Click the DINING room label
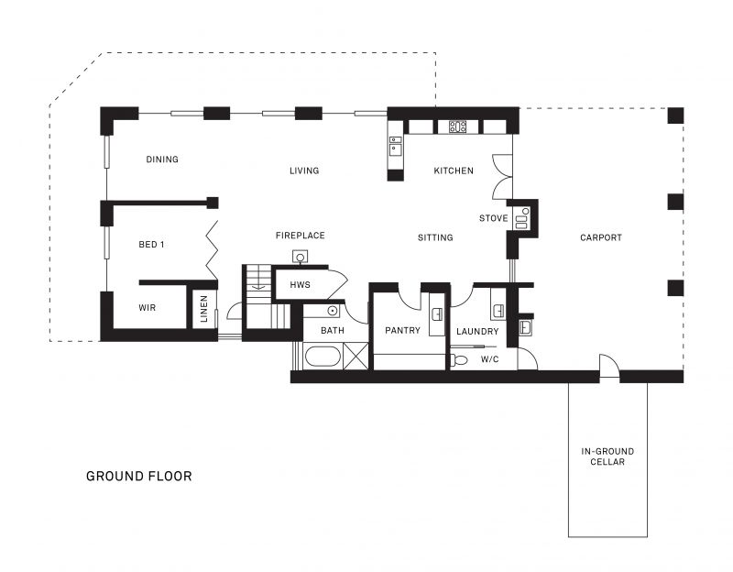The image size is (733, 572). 162,159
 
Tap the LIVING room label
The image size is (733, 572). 304,170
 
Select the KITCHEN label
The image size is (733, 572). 454,170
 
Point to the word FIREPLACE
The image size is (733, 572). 301,236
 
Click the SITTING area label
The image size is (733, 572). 435,237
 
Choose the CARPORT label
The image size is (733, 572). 601,237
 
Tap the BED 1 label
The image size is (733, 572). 151,245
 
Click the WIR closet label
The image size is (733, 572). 148,308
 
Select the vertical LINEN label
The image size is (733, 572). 203,309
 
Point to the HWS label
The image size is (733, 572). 301,284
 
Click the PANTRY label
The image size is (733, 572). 402,330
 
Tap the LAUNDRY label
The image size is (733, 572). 477,332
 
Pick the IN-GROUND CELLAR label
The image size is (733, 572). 607,456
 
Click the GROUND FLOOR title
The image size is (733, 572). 139,476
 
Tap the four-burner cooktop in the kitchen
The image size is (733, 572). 457,126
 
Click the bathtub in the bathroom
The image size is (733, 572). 323,357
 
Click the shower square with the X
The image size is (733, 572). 356,357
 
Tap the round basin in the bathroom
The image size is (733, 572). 333,311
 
